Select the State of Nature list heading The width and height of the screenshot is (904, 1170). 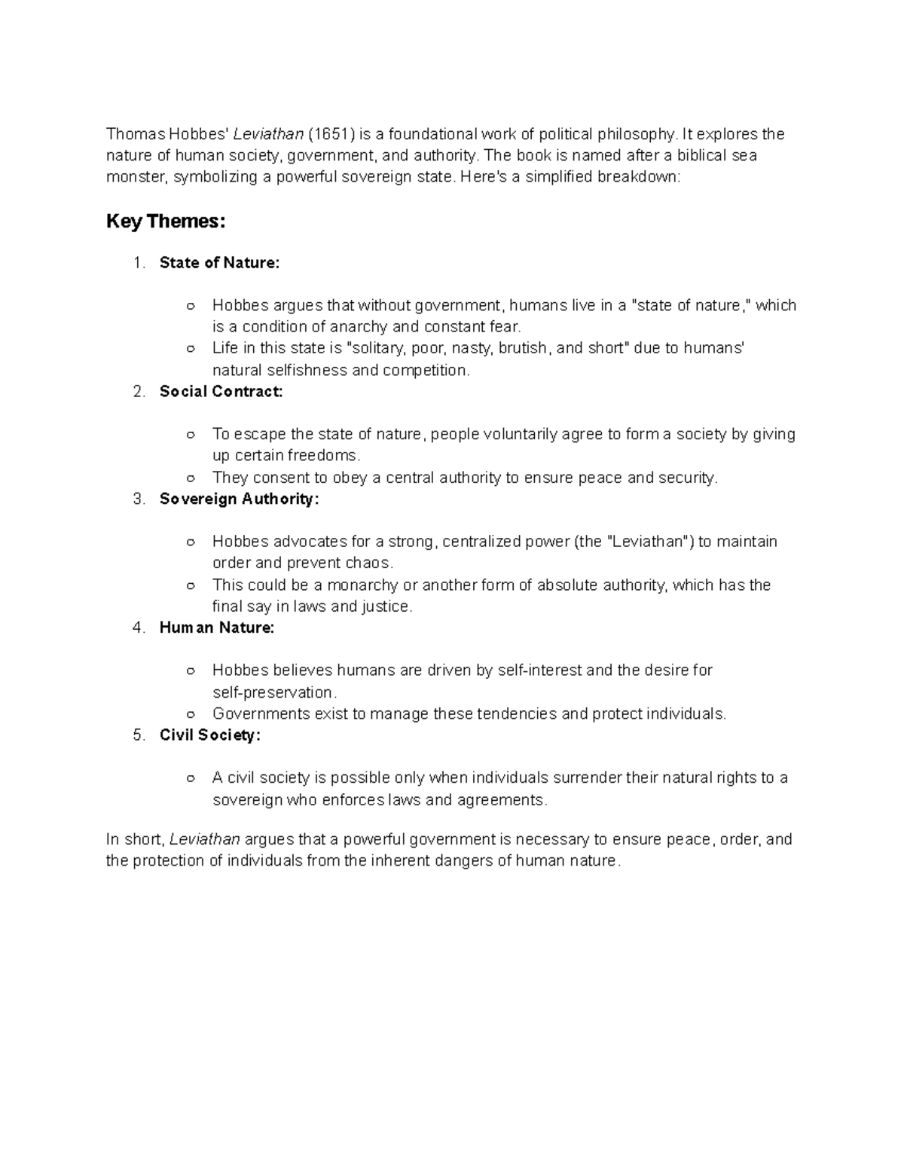point(219,263)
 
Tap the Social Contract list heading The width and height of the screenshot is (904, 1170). point(221,392)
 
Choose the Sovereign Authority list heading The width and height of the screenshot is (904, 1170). point(240,499)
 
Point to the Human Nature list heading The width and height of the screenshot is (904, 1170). point(217,628)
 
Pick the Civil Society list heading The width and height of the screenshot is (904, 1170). point(210,735)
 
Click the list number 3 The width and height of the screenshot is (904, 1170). point(138,499)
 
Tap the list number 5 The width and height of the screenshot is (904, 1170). point(138,735)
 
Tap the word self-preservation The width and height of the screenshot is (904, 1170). point(272,692)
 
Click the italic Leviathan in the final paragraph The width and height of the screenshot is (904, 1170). point(205,839)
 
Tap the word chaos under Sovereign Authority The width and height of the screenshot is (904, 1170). point(368,564)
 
